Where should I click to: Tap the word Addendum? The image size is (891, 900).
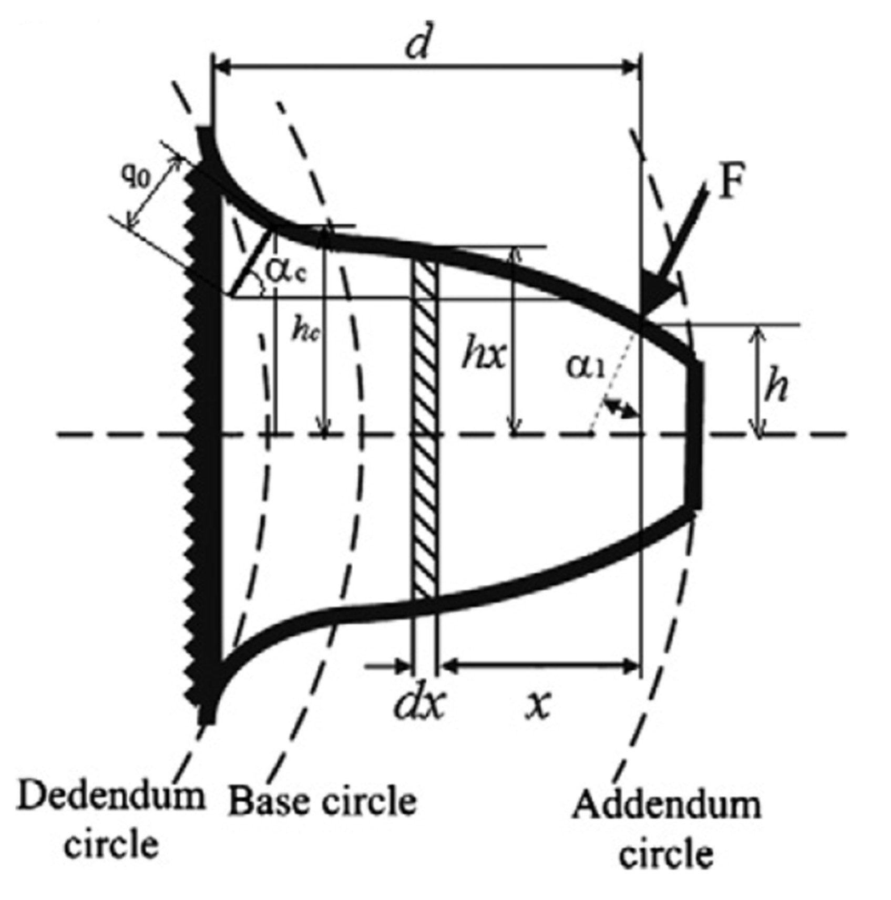pos(666,804)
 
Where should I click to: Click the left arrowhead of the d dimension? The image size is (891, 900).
pos(221,67)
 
